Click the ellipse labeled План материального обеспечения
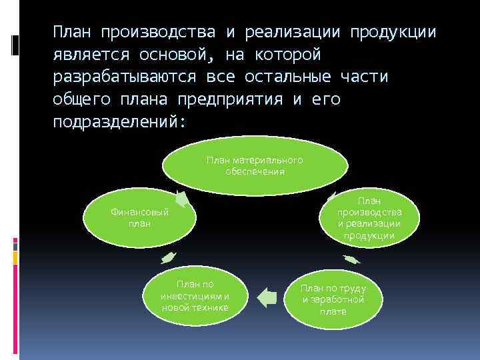coord(255,165)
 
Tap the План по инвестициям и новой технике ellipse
coord(195,295)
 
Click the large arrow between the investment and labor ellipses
coord(267,296)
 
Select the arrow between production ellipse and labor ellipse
coord(351,259)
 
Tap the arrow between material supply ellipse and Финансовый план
coord(181,199)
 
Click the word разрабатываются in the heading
coord(124,77)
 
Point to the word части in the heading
coord(364,77)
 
